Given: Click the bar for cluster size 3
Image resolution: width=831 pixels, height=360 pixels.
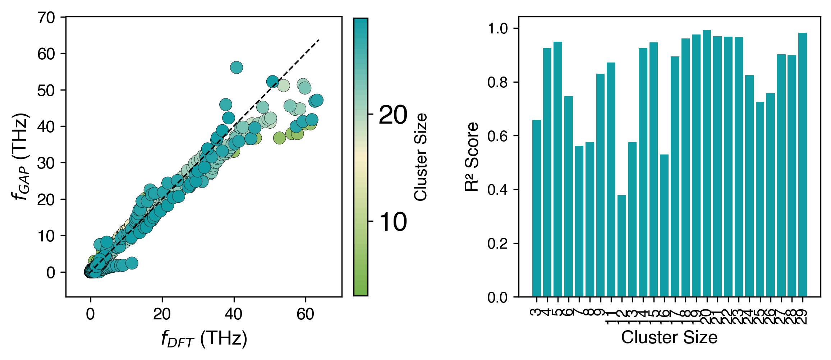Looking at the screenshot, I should [x=536, y=208].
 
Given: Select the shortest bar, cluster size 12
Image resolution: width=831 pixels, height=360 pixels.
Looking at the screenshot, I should [x=621, y=246].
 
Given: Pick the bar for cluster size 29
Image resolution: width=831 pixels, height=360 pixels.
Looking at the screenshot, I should [x=802, y=165].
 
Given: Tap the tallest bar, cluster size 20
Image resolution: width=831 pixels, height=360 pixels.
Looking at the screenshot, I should [x=707, y=163].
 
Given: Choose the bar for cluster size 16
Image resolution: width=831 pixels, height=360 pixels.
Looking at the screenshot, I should [x=664, y=226].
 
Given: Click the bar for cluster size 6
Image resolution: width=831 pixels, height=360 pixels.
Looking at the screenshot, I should [x=568, y=197].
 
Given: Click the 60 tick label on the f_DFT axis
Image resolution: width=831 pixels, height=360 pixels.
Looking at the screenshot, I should [x=305, y=314].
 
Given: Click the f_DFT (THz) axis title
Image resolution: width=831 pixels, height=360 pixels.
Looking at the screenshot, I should [x=204, y=339].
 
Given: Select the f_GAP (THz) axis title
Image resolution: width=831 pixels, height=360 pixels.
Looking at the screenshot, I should [x=20, y=157].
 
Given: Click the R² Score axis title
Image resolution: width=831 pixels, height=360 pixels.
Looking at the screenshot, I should [x=472, y=157].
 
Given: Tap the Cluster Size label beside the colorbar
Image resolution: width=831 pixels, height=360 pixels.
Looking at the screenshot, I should [x=421, y=157].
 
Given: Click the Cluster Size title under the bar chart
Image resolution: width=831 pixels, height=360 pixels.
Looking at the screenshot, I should [x=669, y=338].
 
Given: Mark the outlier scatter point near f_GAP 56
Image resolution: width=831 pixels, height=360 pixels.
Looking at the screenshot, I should [x=236, y=67].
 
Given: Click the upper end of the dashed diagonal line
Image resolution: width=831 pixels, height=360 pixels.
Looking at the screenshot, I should [x=319, y=40].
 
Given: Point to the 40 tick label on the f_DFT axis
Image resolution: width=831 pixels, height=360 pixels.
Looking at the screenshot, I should [x=233, y=314].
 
